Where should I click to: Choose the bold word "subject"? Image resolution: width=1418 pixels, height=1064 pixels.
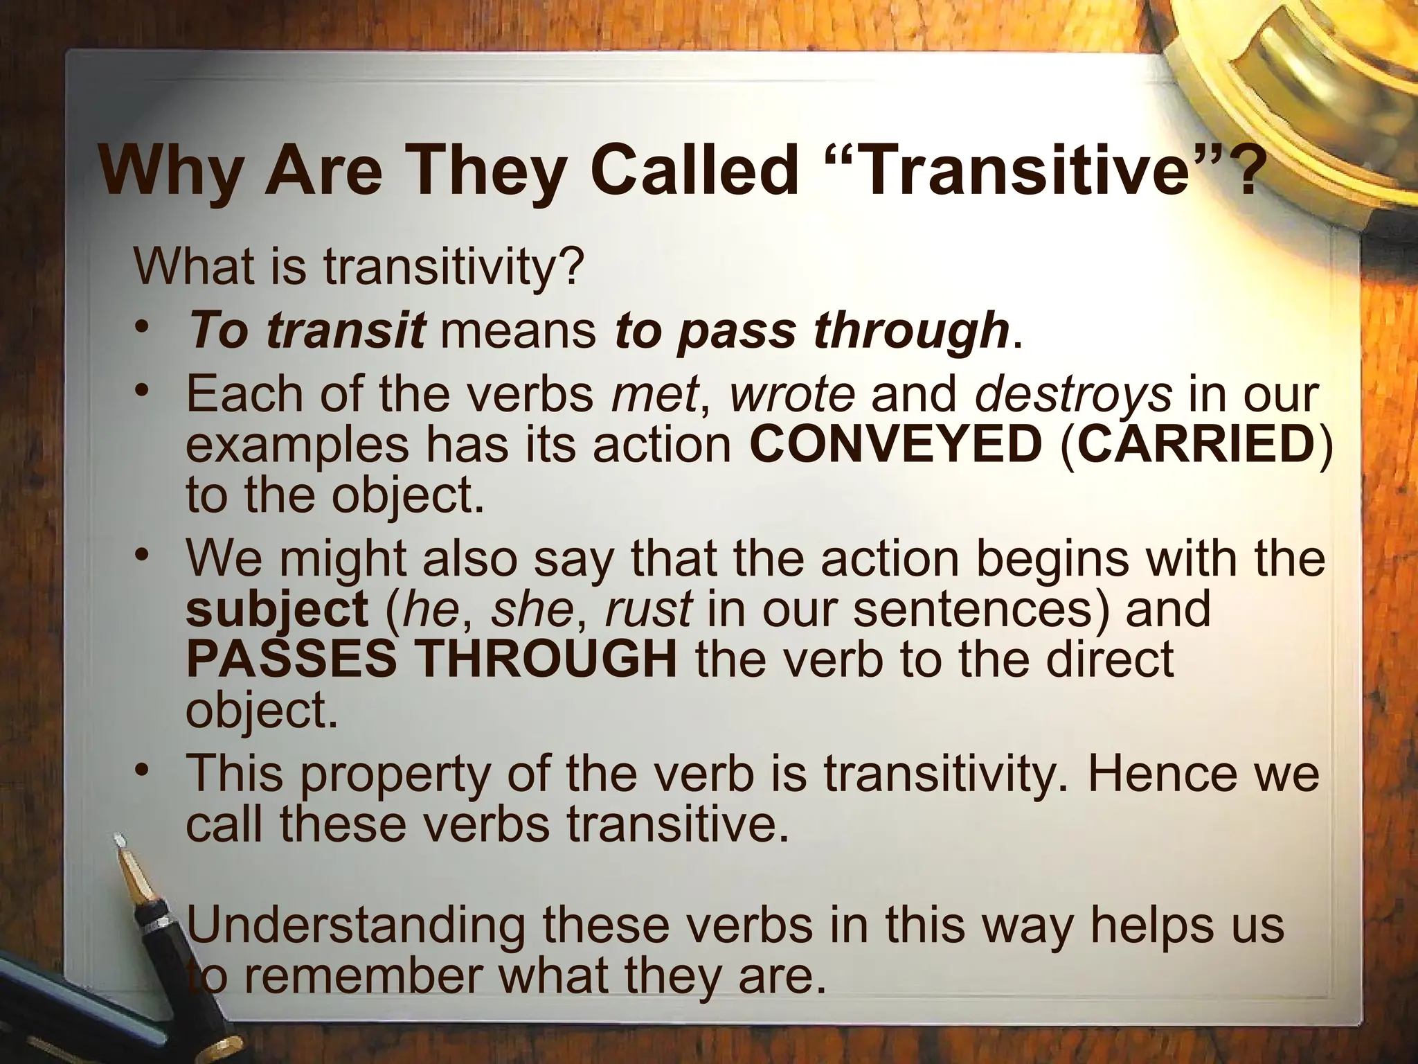[277, 610]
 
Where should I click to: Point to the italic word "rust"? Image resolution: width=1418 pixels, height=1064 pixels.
[648, 610]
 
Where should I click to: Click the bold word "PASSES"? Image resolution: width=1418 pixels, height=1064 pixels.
[291, 659]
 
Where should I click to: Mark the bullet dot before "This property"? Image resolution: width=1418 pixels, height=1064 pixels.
[142, 770]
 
